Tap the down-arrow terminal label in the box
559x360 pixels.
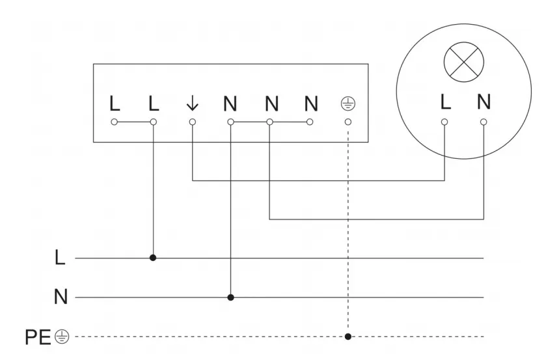pyautogui.click(x=192, y=103)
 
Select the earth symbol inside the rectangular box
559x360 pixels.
pyautogui.click(x=348, y=104)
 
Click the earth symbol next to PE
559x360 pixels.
pyautogui.click(x=61, y=337)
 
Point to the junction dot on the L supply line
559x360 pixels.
pyautogui.click(x=153, y=258)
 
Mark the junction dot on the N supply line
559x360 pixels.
pyautogui.click(x=230, y=298)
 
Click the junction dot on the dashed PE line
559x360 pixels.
pyautogui.click(x=348, y=337)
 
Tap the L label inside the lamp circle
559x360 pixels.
pyautogui.click(x=445, y=102)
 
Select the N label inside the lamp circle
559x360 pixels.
pyautogui.click(x=484, y=102)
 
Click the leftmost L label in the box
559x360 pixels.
pyautogui.click(x=115, y=103)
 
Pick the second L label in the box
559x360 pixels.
pyautogui.click(x=153, y=103)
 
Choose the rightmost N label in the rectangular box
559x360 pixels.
pyautogui.click(x=310, y=103)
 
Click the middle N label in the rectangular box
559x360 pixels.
pyautogui.click(x=271, y=103)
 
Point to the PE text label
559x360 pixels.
pyautogui.click(x=38, y=337)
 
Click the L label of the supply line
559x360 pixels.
pyautogui.click(x=61, y=258)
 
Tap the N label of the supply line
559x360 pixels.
pyautogui.click(x=61, y=298)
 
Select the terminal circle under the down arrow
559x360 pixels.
pyautogui.click(x=192, y=122)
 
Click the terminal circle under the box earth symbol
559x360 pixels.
pyautogui.click(x=348, y=122)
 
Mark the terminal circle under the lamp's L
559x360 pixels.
pyautogui.click(x=444, y=122)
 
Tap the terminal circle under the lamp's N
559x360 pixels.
pyautogui.click(x=484, y=122)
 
